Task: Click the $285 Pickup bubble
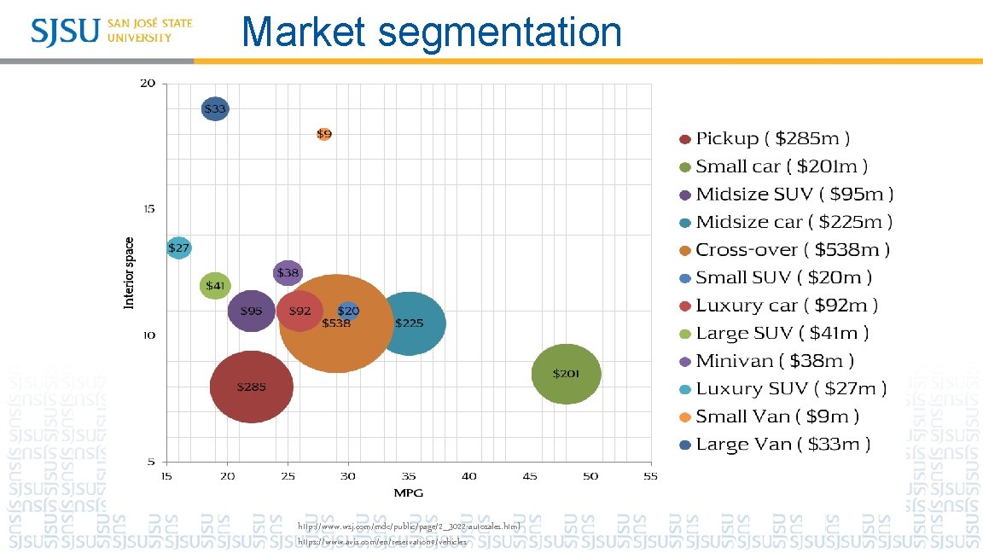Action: click(x=251, y=387)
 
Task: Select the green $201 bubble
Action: click(x=566, y=374)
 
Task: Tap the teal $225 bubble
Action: click(x=410, y=323)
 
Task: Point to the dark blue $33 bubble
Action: click(x=215, y=109)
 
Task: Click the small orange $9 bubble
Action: click(x=324, y=134)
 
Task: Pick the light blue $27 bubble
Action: click(x=178, y=247)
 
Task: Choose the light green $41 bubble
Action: click(x=215, y=285)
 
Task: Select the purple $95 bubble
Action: click(x=251, y=311)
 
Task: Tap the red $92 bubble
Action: click(x=300, y=311)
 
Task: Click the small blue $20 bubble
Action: click(x=348, y=311)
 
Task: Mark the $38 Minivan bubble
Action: click(x=288, y=273)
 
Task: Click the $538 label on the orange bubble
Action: click(x=336, y=323)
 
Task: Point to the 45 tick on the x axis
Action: click(x=530, y=475)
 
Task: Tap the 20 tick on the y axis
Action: click(x=148, y=84)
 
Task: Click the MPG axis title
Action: click(x=408, y=492)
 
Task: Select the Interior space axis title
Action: click(x=130, y=273)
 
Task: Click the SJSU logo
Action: click(x=112, y=31)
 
